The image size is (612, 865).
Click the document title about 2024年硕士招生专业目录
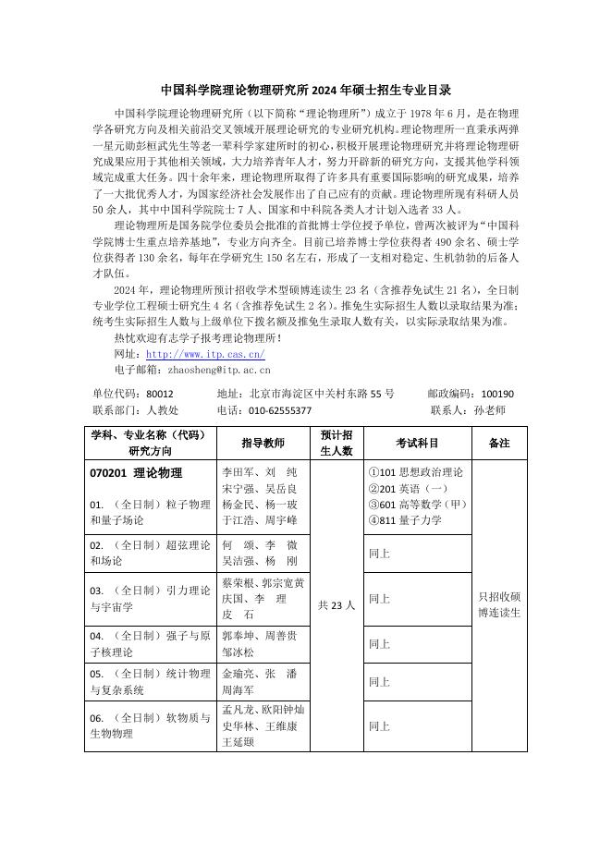coord(306,91)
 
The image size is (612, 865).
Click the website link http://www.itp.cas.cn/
coord(205,354)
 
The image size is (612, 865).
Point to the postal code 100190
coord(497,394)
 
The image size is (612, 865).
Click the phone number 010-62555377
coord(276,410)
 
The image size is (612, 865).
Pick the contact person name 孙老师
coord(489,410)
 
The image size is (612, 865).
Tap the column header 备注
coord(499,444)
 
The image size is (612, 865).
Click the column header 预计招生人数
coord(336,444)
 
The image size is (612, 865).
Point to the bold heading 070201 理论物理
coord(136,473)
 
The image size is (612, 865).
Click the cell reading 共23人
coord(336,605)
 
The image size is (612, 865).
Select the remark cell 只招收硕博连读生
coord(499,605)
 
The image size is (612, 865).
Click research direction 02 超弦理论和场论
coord(148,553)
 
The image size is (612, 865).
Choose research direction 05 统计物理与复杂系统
coord(148,682)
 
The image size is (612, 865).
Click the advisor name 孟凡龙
coord(239,710)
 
